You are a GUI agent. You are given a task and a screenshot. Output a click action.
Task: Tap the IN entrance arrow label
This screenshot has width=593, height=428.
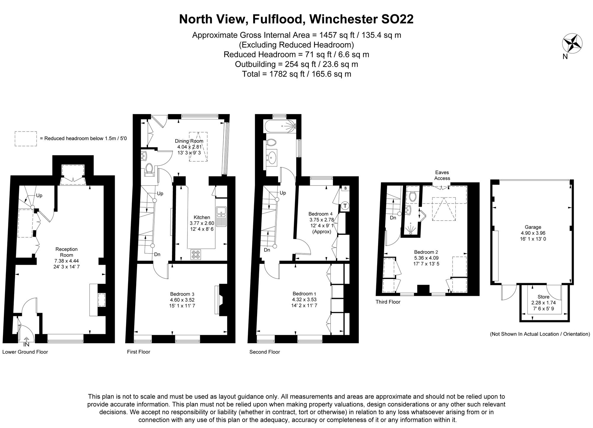[x=26, y=344]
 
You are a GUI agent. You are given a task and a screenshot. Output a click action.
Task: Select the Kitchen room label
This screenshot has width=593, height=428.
[x=202, y=217]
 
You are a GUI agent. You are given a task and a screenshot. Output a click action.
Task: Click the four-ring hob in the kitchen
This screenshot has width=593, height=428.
[x=195, y=254]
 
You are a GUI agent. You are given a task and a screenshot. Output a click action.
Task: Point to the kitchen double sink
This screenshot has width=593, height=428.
[x=221, y=216]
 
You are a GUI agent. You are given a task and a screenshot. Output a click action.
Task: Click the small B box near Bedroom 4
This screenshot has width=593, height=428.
[x=345, y=188]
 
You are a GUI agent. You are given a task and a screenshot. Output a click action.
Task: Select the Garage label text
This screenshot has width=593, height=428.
[x=533, y=227]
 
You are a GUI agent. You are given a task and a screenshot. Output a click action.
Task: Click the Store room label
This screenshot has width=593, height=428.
[x=543, y=297]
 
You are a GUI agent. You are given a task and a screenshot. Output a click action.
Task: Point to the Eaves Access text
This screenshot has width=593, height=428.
[x=442, y=175]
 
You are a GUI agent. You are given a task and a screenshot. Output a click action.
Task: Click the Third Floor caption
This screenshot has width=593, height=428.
[x=388, y=302]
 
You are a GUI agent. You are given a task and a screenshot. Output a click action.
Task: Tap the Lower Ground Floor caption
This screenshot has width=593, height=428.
[x=25, y=352]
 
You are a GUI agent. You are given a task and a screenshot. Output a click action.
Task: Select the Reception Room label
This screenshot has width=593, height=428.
[x=66, y=252]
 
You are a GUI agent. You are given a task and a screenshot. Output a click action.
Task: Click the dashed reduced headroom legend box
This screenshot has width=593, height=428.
[x=26, y=139]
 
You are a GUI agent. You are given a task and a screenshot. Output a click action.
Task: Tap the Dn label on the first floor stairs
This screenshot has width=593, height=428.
[x=157, y=254]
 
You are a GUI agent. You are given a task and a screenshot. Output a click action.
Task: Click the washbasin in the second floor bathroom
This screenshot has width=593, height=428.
[x=272, y=157]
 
